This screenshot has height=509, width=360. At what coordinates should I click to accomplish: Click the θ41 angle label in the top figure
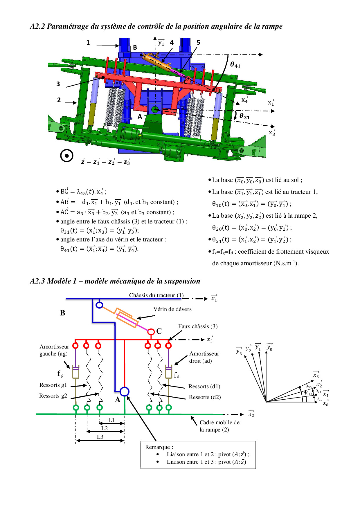click(235, 65)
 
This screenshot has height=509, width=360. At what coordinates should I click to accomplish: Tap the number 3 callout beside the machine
click(58, 84)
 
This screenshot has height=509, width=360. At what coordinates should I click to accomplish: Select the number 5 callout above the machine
click(198, 43)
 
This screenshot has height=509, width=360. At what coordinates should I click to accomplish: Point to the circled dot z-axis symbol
click(66, 156)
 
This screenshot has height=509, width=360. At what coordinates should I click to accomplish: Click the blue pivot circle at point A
click(124, 391)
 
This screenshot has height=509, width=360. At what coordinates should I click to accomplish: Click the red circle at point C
click(151, 331)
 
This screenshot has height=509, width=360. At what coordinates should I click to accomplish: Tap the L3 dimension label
click(100, 437)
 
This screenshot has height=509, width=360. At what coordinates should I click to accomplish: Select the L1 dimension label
click(111, 420)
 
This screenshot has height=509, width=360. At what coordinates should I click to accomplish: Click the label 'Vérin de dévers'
click(172, 309)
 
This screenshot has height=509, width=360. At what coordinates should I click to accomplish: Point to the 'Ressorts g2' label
click(53, 396)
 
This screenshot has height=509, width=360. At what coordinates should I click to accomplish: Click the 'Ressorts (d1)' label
click(204, 387)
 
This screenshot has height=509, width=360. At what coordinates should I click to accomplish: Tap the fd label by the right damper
click(177, 375)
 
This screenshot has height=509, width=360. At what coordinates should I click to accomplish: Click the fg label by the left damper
click(60, 373)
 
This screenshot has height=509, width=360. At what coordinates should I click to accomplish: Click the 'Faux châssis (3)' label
click(198, 326)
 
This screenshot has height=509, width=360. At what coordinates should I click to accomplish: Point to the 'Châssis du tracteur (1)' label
click(156, 295)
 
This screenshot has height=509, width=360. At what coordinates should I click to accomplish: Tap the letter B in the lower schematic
click(63, 313)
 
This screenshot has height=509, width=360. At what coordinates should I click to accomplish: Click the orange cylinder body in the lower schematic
click(127, 318)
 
